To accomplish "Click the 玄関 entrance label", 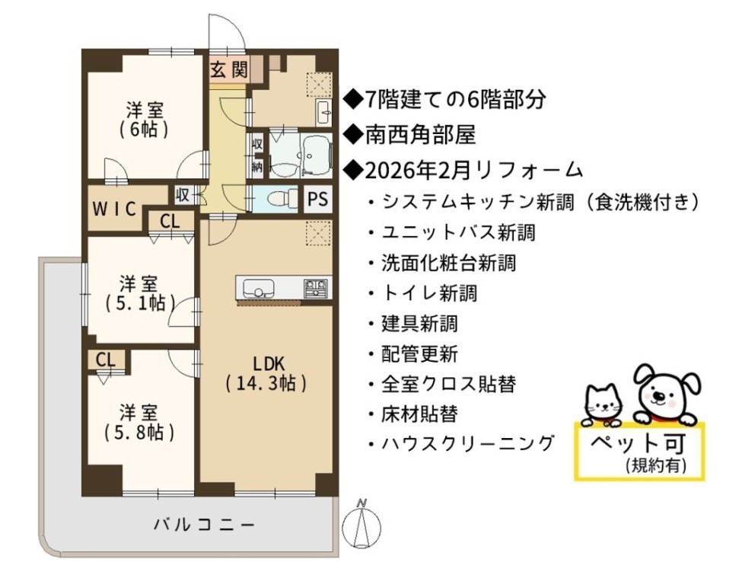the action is point(229,69).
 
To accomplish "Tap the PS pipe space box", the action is point(318,199).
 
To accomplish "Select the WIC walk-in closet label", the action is point(114,209).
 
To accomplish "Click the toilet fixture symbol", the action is point(280,199).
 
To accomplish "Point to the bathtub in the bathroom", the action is point(316,155).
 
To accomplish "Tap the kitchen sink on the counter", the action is point(259,287).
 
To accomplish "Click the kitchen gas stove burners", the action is point(316,287).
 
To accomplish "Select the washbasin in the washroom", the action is point(324,113).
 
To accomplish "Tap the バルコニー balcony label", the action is point(204,525).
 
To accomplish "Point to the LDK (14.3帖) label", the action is point(268,373).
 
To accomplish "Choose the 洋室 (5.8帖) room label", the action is point(139,422).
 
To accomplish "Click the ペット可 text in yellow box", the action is point(638,443).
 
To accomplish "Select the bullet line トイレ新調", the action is point(422,293).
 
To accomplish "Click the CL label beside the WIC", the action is point(170,221).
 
